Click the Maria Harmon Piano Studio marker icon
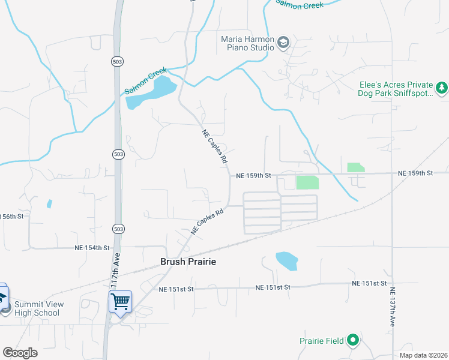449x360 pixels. pos(283,42)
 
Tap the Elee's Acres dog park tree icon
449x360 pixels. pos(442,89)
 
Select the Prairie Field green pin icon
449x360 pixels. pos(353,341)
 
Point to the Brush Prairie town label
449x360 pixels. pos(188,262)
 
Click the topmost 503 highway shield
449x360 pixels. pos(118,61)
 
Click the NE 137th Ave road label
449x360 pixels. pos(393,307)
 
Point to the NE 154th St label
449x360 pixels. pos(92,248)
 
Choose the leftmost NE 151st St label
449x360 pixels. pos(176,289)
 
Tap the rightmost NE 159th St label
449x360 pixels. pos(415,173)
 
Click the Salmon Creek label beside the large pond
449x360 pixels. pos(145,82)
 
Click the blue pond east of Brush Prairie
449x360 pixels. pos(286,260)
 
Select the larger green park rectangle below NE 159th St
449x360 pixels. pos(307,182)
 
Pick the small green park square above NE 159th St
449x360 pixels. pos(355,167)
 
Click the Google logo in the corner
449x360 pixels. pos(20,353)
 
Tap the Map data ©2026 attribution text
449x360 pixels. pos(423,355)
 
